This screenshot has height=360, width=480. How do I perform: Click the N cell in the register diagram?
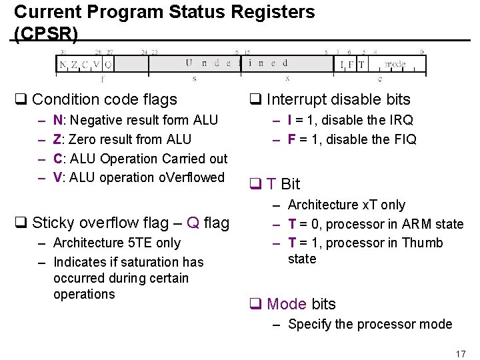63,65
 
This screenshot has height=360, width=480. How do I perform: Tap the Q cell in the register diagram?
108,65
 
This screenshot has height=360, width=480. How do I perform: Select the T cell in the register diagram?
361,65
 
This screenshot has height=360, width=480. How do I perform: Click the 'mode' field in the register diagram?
395,65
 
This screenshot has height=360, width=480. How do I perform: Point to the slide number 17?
460,353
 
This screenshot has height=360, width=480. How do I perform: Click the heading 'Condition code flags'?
104,100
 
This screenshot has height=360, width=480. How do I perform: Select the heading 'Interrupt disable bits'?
338,100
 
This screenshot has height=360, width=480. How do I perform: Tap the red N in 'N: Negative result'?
58,121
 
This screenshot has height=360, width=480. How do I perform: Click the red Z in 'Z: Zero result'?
57,140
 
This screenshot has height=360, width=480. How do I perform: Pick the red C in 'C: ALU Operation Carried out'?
58,159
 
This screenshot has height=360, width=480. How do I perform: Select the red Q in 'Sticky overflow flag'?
193,223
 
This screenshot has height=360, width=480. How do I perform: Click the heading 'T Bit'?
283,184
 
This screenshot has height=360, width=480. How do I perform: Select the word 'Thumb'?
422,243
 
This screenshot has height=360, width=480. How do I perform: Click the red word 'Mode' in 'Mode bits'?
287,304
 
